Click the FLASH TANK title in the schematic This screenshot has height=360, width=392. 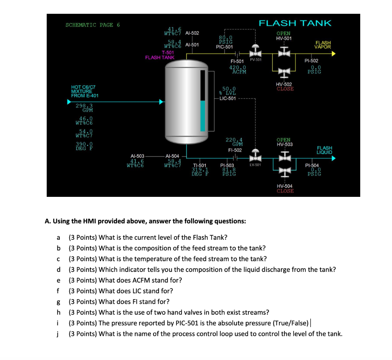coord(295,23)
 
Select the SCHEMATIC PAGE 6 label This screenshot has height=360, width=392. coord(93,25)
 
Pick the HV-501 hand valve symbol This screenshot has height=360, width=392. coord(284,52)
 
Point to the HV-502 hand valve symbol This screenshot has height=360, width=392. coord(284,71)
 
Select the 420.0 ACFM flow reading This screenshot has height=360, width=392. coord(237,69)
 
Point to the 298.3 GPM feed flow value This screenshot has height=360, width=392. coord(84,108)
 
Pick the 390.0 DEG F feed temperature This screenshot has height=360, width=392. coord(84,146)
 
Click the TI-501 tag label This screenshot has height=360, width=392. coord(199,165)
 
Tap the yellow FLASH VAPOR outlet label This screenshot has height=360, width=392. coord(323,45)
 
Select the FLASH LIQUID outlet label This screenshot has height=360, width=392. coord(325,150)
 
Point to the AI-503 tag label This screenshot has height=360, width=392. coord(137,156)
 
